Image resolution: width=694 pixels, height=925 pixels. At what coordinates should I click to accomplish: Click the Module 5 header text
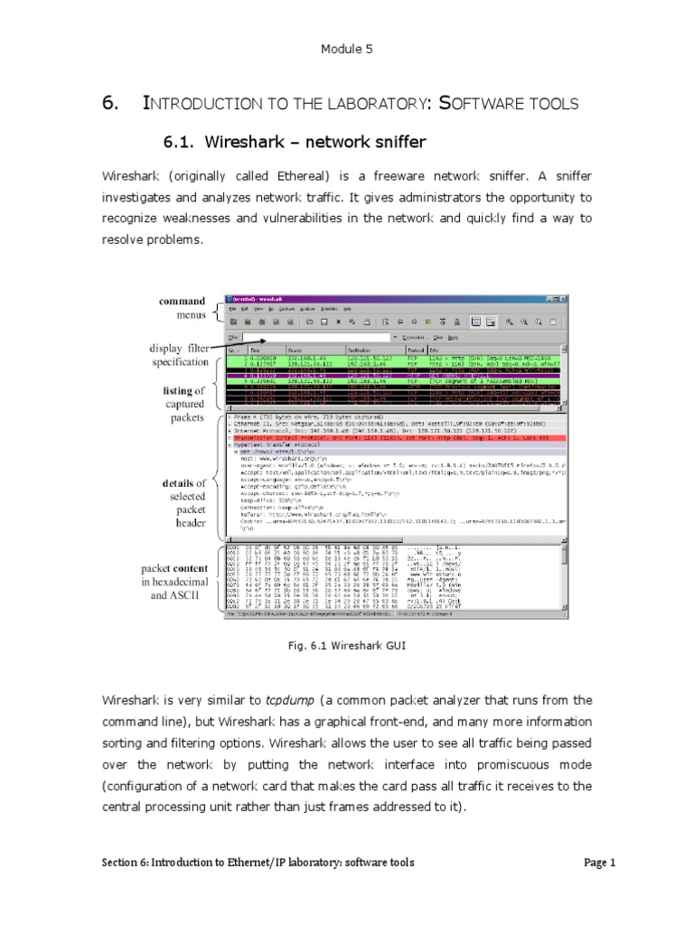(347, 50)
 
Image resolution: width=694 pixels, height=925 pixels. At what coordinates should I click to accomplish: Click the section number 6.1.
(180, 141)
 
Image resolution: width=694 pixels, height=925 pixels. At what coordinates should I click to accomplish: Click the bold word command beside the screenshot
(182, 301)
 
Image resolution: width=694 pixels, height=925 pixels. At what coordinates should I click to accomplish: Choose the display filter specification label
(179, 355)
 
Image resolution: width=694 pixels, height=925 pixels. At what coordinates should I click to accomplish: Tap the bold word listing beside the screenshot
(177, 390)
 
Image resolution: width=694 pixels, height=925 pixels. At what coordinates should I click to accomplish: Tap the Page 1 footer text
(599, 863)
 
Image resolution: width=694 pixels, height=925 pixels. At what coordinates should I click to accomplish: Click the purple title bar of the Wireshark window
(398, 297)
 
